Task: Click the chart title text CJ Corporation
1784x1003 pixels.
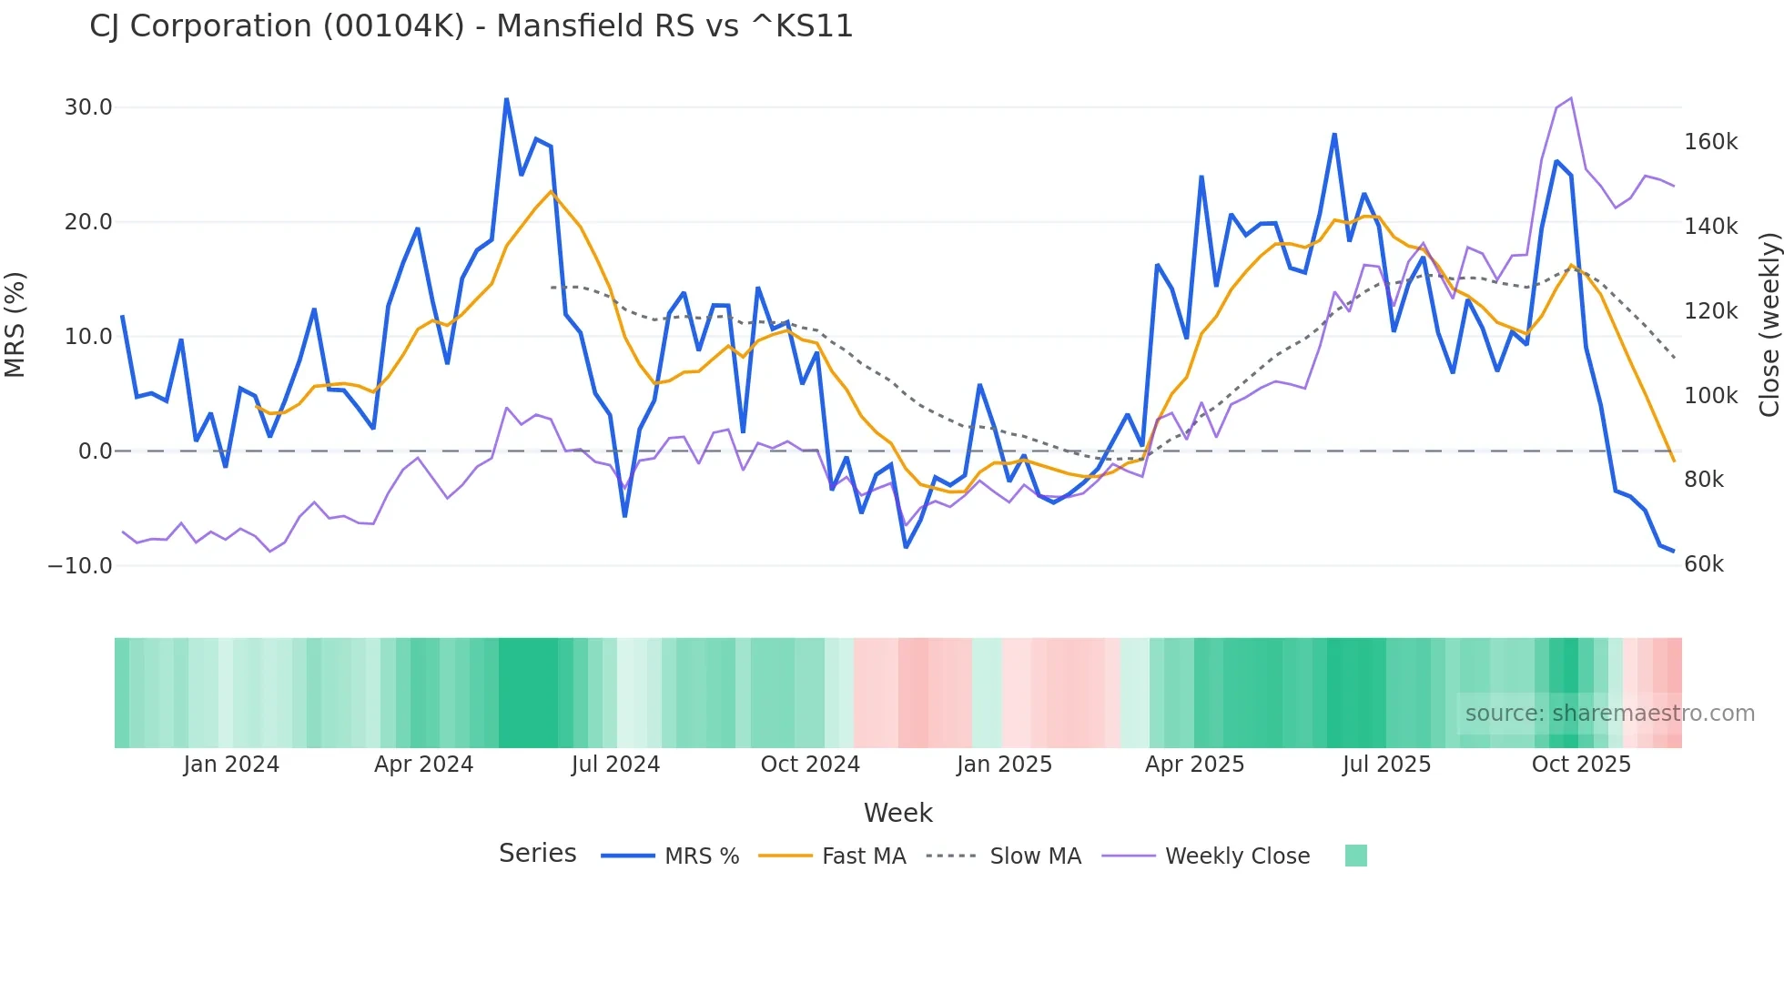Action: [471, 26]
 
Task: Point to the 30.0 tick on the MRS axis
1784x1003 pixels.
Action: [88, 107]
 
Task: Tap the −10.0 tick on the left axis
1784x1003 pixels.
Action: [80, 565]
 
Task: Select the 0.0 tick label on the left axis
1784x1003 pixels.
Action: [95, 451]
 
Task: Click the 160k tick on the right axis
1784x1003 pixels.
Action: [1710, 142]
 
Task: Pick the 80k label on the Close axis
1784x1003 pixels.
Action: [1703, 480]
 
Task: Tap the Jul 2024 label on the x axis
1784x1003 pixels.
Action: [615, 765]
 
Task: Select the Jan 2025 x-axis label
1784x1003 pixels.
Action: [1004, 765]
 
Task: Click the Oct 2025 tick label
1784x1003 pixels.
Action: [1581, 765]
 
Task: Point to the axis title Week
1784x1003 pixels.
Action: [897, 813]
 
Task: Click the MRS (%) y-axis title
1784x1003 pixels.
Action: [15, 325]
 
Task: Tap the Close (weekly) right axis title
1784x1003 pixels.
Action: [1769, 325]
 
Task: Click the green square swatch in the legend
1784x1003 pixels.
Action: [1355, 856]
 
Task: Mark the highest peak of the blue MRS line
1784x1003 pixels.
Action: [506, 99]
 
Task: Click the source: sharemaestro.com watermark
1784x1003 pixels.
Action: [1609, 714]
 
